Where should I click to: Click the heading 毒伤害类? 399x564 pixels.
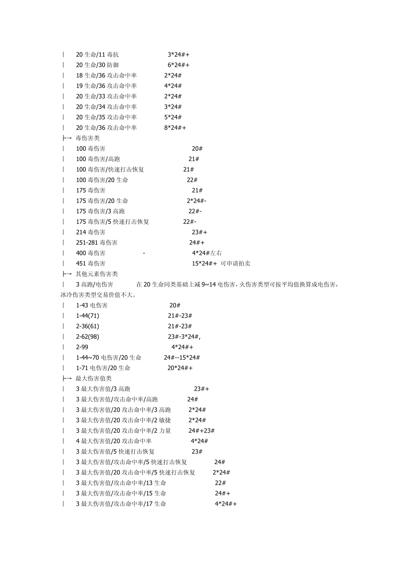[88, 138]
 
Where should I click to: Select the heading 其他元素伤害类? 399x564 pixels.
[97, 274]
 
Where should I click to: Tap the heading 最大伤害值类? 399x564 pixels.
[94, 379]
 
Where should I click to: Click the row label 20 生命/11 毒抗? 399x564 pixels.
[97, 55]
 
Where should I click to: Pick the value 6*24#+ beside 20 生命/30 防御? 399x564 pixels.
[178, 65]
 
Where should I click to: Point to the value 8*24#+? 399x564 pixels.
[175, 128]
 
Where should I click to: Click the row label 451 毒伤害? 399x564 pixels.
[91, 264]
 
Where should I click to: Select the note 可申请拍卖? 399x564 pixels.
[236, 264]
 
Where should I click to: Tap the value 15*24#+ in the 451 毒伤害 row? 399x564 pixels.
[205, 264]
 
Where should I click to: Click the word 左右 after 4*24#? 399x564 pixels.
[216, 253]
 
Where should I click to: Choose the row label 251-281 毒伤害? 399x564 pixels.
[97, 243]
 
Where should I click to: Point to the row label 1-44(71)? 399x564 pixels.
[87, 316]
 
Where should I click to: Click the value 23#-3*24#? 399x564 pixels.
[184, 337]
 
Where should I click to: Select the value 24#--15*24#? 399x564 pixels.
[182, 358]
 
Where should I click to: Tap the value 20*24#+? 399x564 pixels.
[180, 368]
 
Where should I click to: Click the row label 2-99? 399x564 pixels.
[82, 347]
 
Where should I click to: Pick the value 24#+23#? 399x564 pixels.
[202, 431]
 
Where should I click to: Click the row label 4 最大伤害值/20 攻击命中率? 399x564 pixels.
[114, 441]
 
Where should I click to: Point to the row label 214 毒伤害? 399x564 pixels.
[91, 232]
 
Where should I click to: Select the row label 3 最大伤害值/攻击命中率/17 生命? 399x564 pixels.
[121, 504]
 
